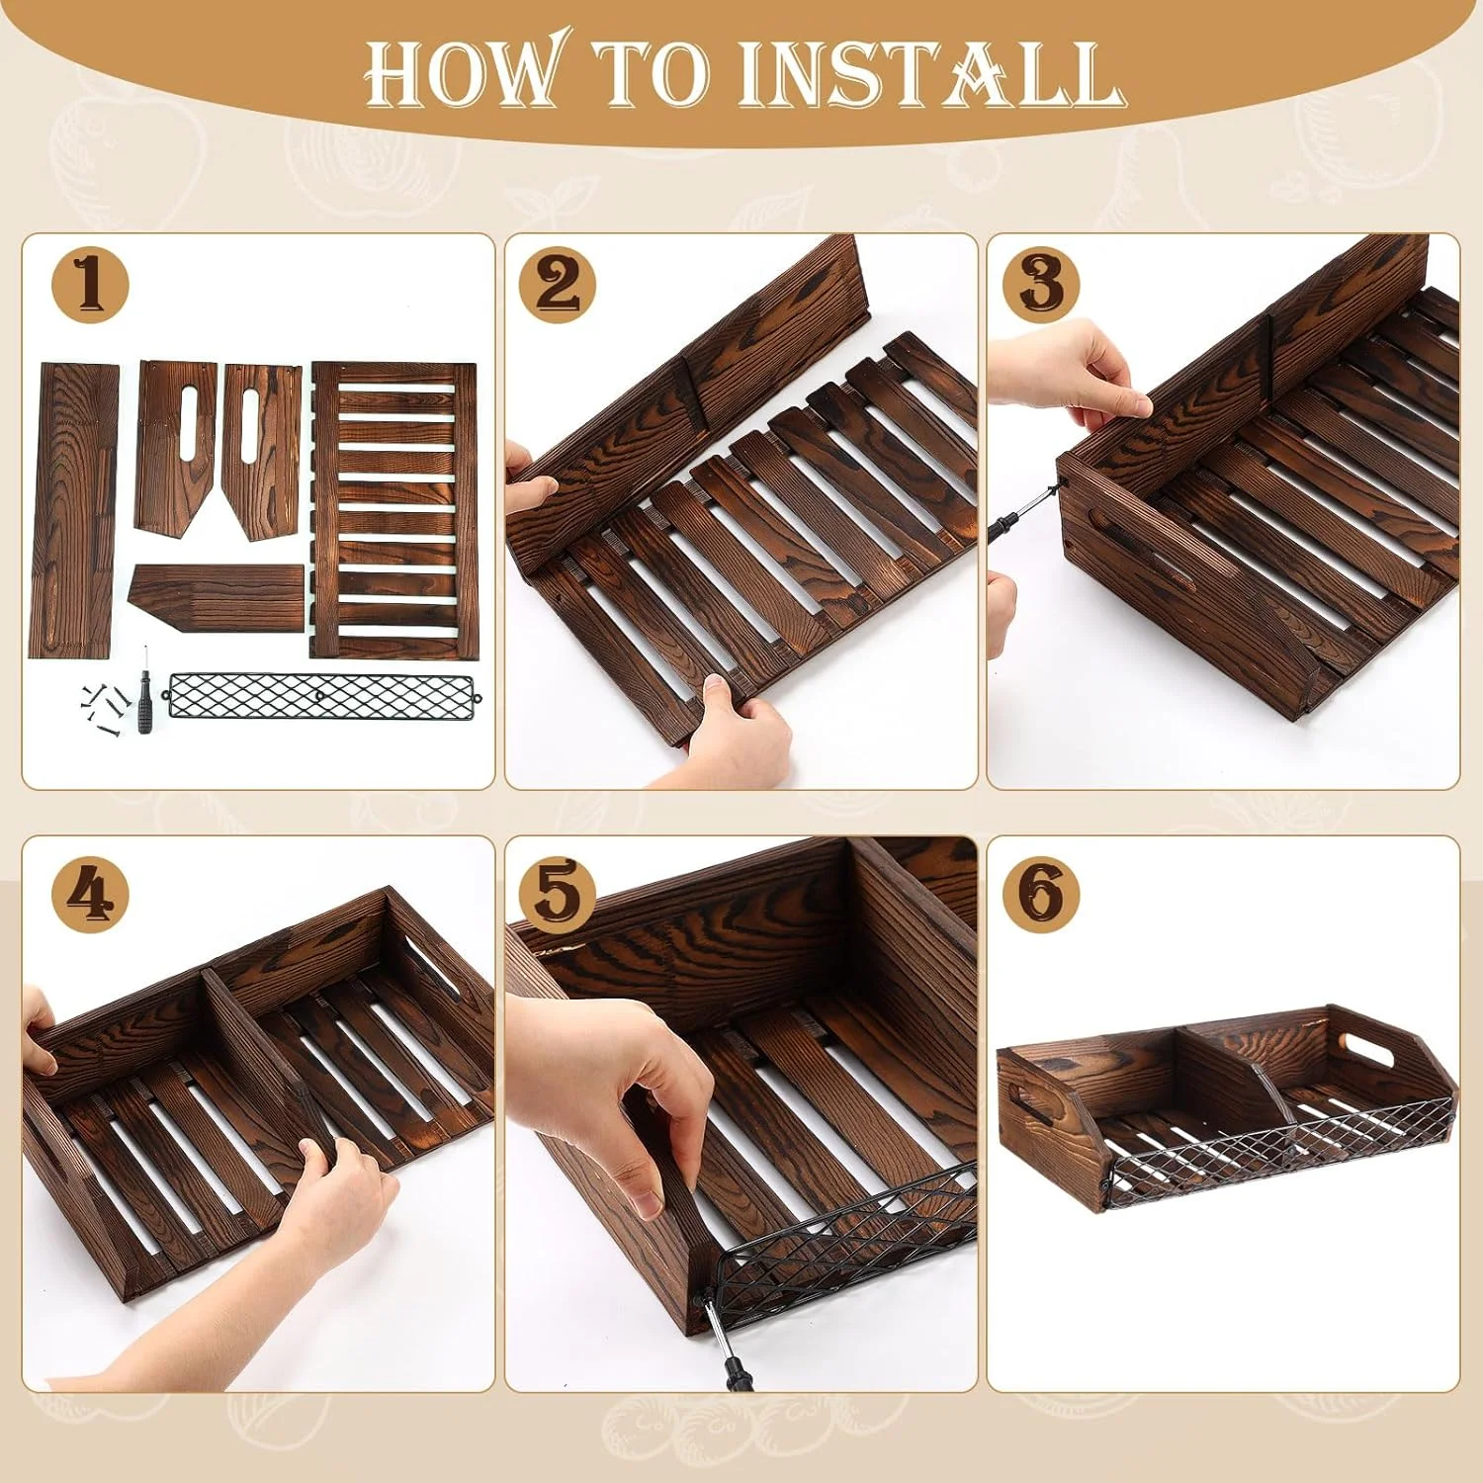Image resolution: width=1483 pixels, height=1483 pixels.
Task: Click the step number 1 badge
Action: (x=90, y=283)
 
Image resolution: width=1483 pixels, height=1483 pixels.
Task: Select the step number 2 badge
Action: (x=558, y=285)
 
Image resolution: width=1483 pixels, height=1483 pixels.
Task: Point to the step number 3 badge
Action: (x=1042, y=284)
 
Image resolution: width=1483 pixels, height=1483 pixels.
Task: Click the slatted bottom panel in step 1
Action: (x=394, y=510)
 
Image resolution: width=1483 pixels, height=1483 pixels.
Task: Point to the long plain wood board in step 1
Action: (x=76, y=510)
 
